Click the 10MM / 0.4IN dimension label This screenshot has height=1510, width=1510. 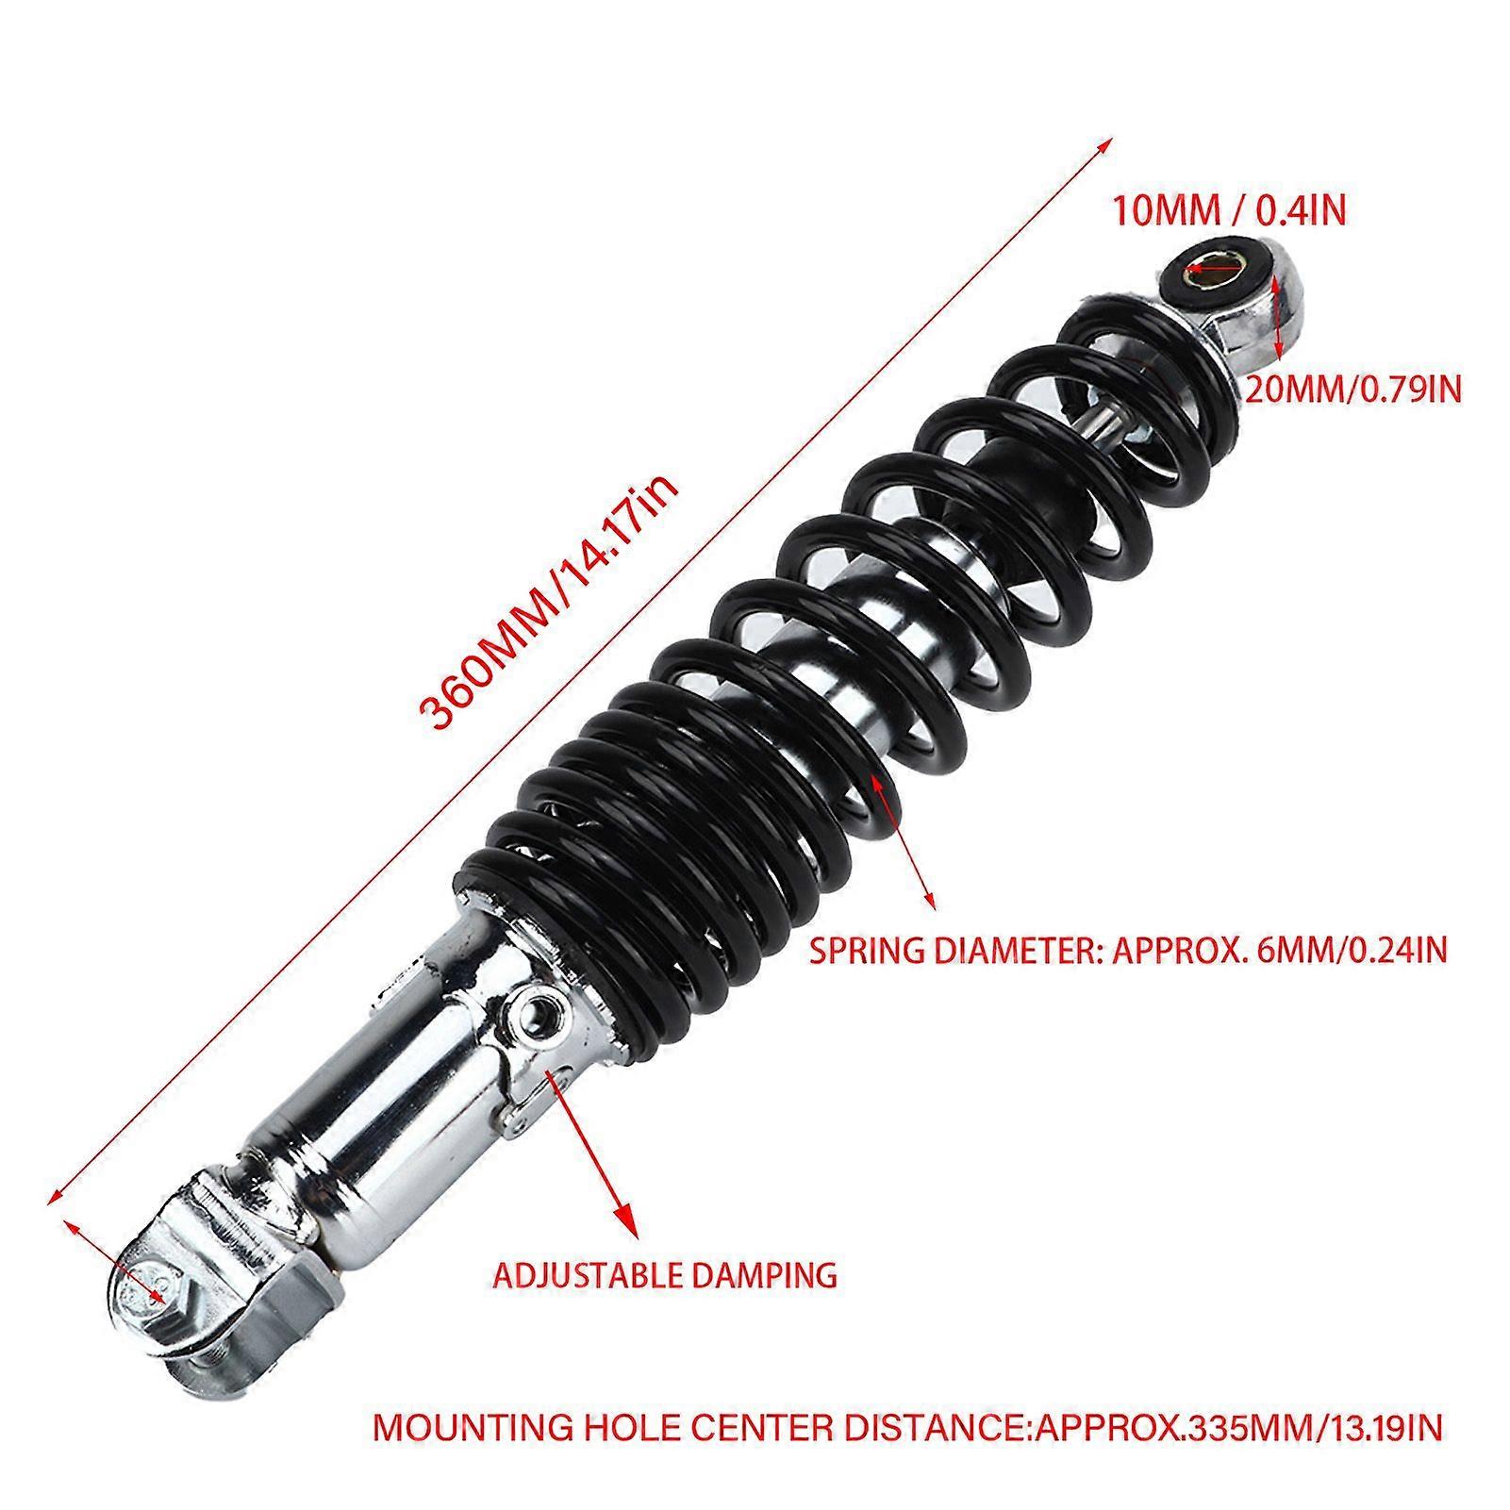1230,210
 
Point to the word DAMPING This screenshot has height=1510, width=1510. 765,1274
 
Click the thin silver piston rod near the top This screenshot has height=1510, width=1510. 1119,419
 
